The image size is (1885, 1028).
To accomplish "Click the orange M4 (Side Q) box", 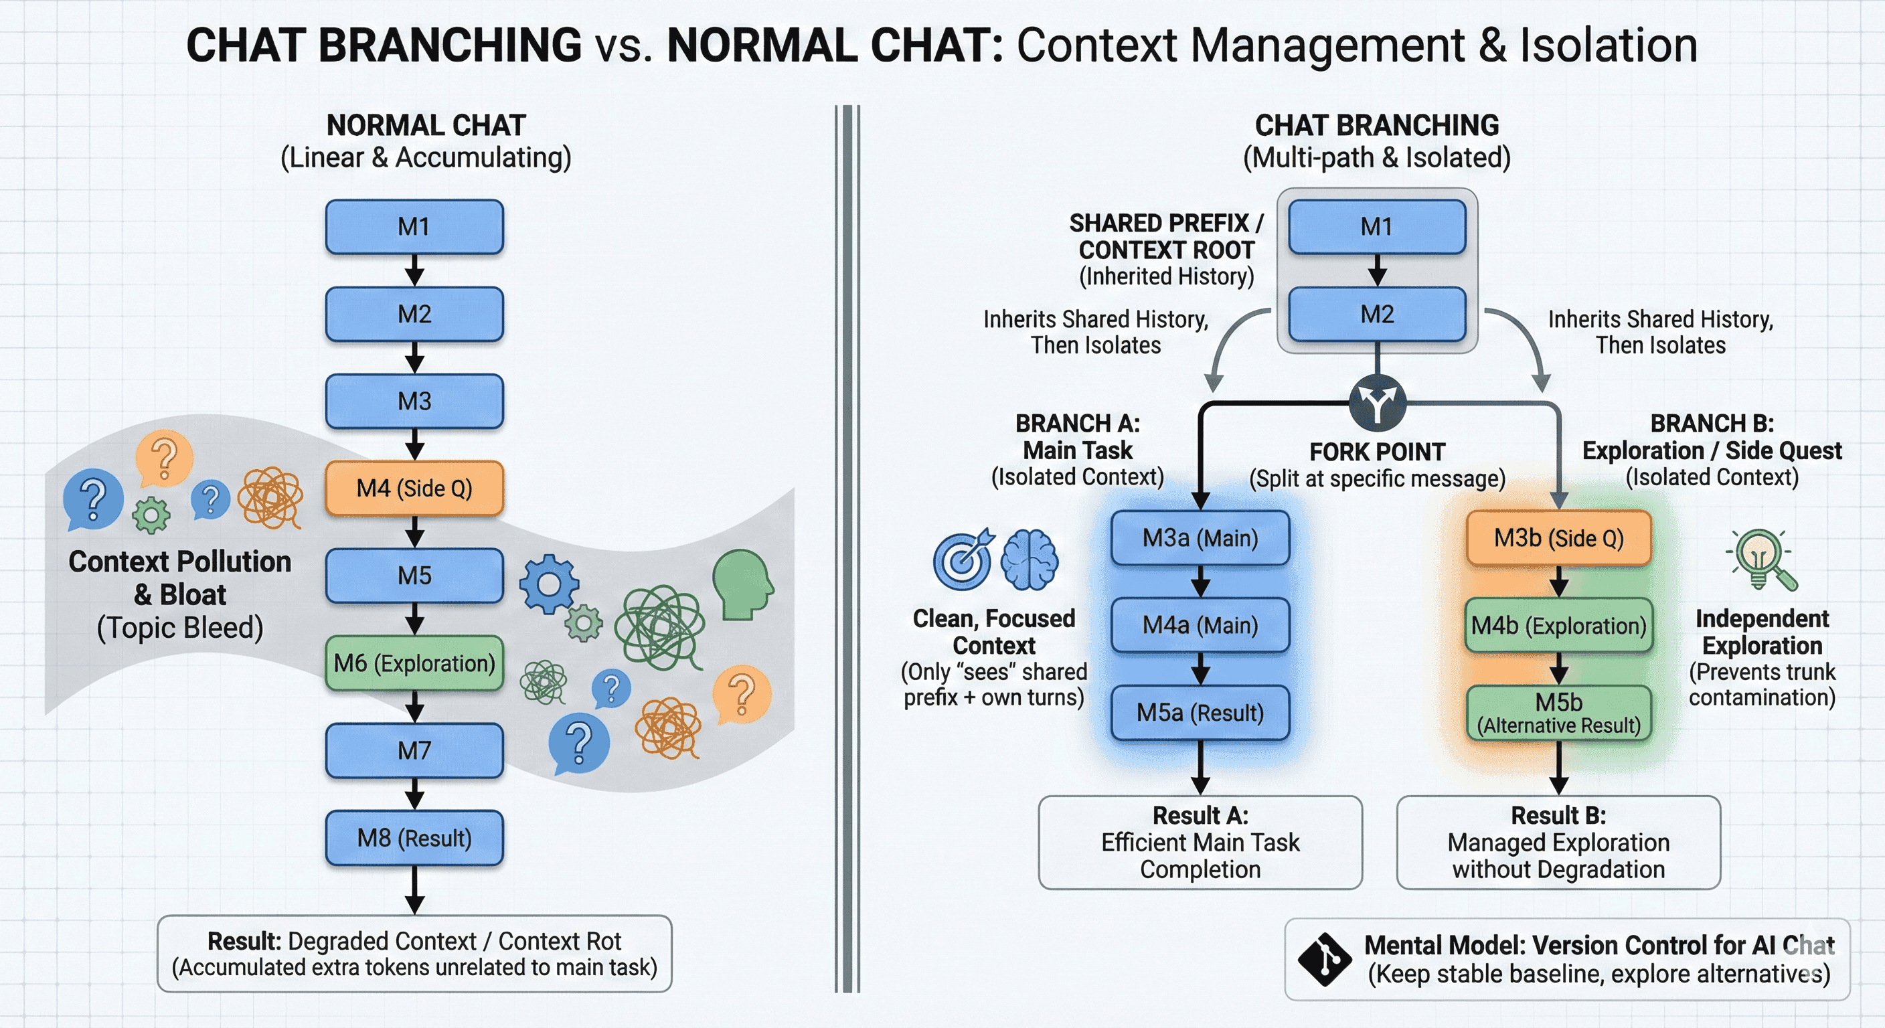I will click(x=414, y=488).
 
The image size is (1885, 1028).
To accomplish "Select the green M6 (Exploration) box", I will click(x=414, y=663).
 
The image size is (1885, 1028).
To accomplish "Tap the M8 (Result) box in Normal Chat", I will click(x=414, y=838).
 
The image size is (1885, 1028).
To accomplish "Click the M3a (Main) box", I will click(x=1200, y=538).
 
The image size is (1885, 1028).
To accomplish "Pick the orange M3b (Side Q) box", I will click(x=1558, y=538).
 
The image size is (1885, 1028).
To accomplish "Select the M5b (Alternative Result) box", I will click(x=1558, y=713).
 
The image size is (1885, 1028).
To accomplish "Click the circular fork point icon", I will click(x=1377, y=402).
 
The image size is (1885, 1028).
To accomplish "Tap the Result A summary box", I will click(x=1200, y=842).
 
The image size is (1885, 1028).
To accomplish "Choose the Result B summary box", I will click(x=1558, y=842).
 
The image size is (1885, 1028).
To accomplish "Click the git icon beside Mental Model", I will click(x=1324, y=958).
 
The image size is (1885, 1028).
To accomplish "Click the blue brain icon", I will click(x=1030, y=560).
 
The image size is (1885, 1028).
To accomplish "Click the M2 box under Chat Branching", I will click(x=1377, y=314).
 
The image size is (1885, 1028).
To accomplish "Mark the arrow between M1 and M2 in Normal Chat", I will click(x=414, y=270).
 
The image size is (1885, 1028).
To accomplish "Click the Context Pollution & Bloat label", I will click(x=180, y=578).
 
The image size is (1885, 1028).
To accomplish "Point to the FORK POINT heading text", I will click(x=1377, y=452).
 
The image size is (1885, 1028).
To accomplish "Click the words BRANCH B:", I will click(x=1712, y=423).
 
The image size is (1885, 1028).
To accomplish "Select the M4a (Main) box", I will click(x=1200, y=626).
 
